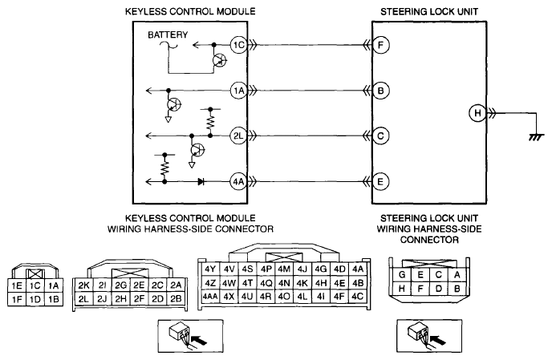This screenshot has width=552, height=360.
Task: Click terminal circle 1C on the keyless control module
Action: click(238, 45)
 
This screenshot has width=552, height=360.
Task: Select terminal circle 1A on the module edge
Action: click(238, 91)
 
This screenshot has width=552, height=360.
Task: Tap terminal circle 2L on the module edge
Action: click(238, 136)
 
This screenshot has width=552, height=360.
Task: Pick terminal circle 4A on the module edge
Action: click(238, 181)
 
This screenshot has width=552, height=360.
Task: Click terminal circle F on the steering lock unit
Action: click(380, 45)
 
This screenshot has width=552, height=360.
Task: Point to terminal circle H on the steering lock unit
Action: click(477, 113)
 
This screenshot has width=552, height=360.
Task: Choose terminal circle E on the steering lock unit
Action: click(380, 181)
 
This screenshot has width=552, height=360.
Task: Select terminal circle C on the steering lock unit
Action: click(380, 136)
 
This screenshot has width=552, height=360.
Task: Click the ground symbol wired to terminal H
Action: click(536, 137)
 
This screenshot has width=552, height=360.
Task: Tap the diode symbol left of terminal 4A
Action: click(201, 181)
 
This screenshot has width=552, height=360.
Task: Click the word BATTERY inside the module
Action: click(168, 34)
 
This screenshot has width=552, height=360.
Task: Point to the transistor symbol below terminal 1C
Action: click(220, 61)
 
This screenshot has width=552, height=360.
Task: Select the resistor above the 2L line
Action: click(210, 122)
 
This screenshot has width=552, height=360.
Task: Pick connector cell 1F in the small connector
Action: click(17, 300)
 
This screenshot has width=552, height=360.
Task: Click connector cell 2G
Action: click(120, 285)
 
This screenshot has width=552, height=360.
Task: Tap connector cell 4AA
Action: click(210, 297)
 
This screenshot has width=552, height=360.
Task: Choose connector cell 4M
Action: click(284, 269)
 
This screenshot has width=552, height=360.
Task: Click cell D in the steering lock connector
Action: click(438, 289)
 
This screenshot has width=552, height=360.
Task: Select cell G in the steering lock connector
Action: click(402, 274)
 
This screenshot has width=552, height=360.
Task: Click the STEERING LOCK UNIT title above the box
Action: click(429, 11)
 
